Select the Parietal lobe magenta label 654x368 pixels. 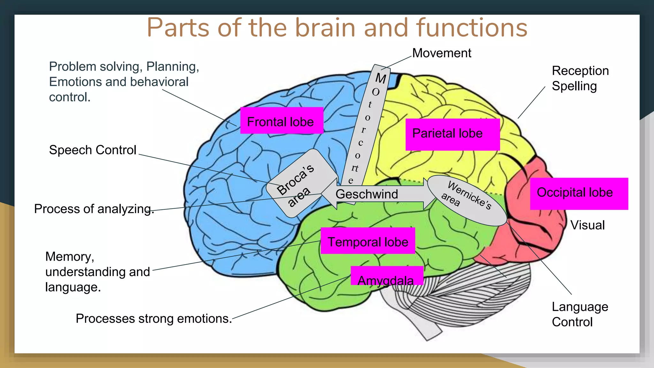click(x=452, y=134)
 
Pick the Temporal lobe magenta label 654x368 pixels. click(x=368, y=241)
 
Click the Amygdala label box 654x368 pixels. click(x=386, y=277)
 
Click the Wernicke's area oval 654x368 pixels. click(x=466, y=200)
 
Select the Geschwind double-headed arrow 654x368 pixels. click(x=367, y=194)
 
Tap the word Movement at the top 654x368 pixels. click(x=441, y=53)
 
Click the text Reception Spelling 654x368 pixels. click(x=580, y=78)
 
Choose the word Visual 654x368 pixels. click(x=587, y=225)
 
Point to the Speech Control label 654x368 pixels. click(x=93, y=150)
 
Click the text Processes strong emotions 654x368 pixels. click(x=154, y=318)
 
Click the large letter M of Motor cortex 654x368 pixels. click(x=381, y=78)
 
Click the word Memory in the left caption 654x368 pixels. click(x=69, y=257)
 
